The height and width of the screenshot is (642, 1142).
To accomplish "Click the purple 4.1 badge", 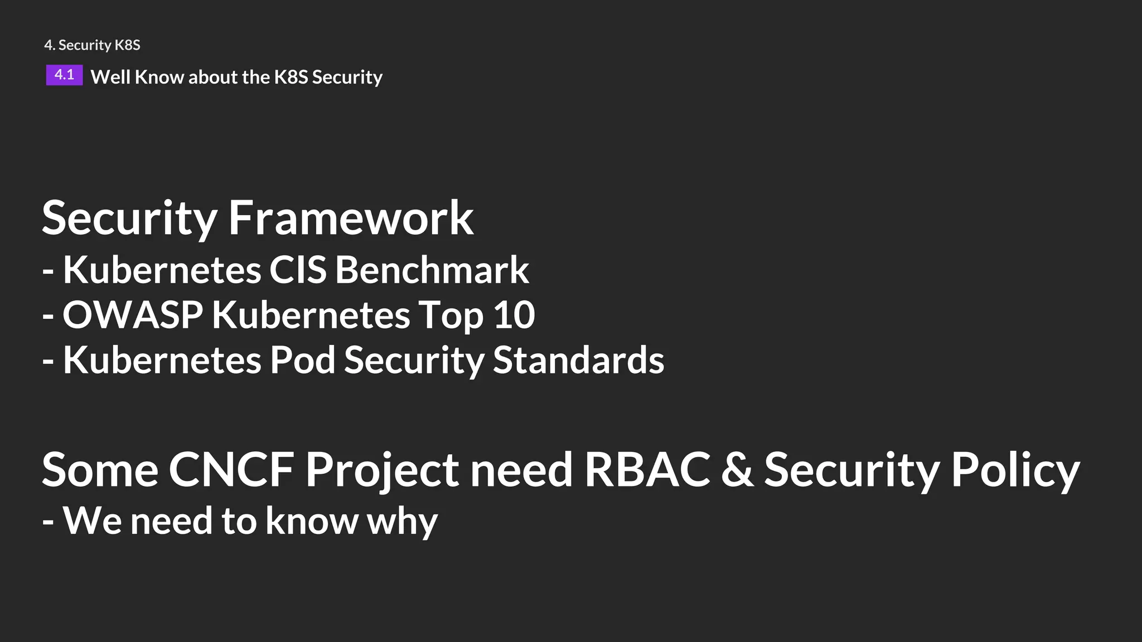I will click(64, 75).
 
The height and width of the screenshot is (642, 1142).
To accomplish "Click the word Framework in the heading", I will click(351, 218).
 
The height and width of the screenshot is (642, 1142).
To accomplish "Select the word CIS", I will click(298, 270).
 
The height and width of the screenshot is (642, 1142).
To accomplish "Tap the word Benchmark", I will click(432, 270).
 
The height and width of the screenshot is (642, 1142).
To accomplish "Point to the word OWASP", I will click(133, 315).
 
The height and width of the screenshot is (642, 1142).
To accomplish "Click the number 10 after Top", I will click(514, 315).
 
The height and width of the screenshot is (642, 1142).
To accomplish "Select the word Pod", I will click(302, 360).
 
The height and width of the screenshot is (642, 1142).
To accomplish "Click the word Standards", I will click(578, 360).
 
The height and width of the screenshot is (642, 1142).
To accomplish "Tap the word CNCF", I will click(231, 470).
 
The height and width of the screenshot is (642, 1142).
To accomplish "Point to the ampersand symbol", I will click(737, 470).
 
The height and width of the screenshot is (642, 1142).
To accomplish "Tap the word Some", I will click(100, 470).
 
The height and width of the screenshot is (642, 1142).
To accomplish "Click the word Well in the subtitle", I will click(110, 77).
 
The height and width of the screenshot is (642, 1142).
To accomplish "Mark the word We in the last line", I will click(92, 521).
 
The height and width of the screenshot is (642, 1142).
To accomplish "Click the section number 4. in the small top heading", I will click(50, 45).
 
